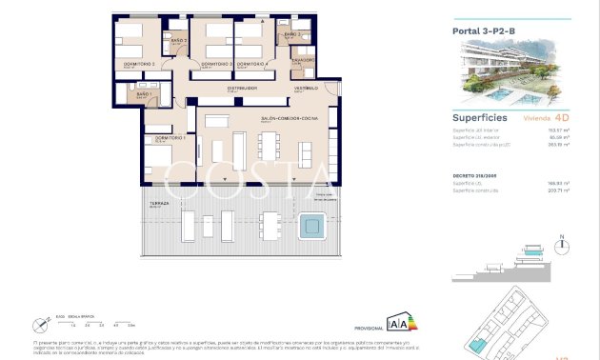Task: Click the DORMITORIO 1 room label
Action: tap(158, 137)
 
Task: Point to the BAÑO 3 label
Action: tap(292, 34)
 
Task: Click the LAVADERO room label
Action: tap(303, 59)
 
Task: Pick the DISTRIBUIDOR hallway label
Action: tap(242, 88)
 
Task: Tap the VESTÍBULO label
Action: tap(305, 88)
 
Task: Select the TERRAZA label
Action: tap(158, 203)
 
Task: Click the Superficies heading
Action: tap(478, 118)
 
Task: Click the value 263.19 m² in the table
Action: tap(558, 144)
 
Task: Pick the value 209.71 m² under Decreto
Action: tap(558, 190)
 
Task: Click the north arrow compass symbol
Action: tap(563, 243)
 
